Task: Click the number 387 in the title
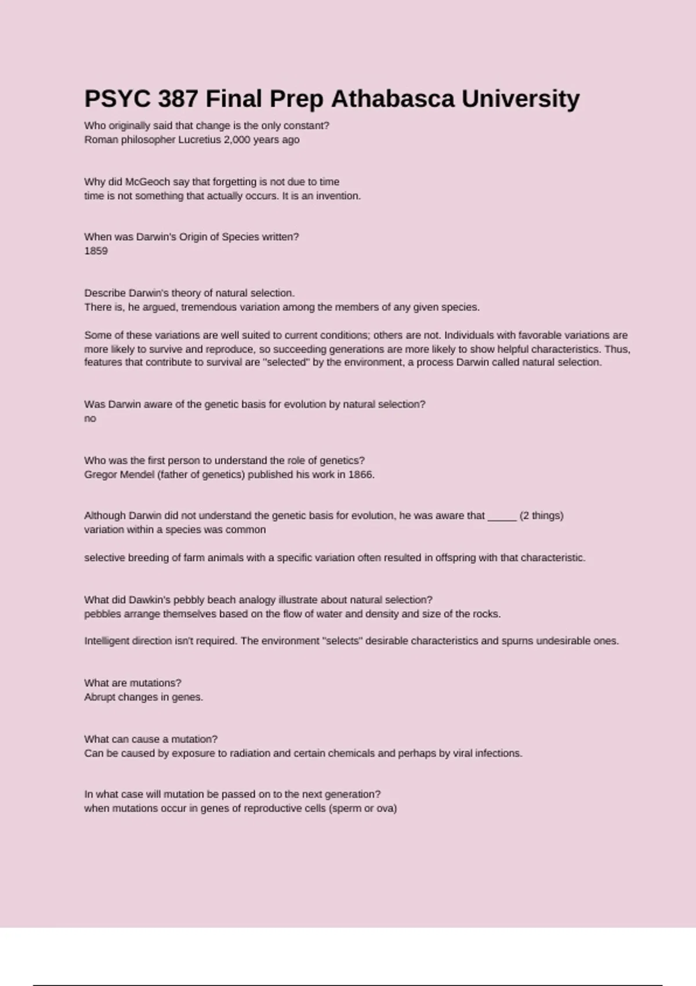point(178,99)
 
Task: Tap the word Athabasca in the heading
point(393,99)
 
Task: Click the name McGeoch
point(148,182)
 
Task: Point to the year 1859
point(96,251)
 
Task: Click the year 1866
point(361,474)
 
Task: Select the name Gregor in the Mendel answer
point(100,474)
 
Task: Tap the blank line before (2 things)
point(502,516)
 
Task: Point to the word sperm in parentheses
point(346,809)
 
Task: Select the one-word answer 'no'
point(90,419)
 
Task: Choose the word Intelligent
point(107,641)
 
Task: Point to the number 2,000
point(237,140)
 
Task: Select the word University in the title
point(520,99)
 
